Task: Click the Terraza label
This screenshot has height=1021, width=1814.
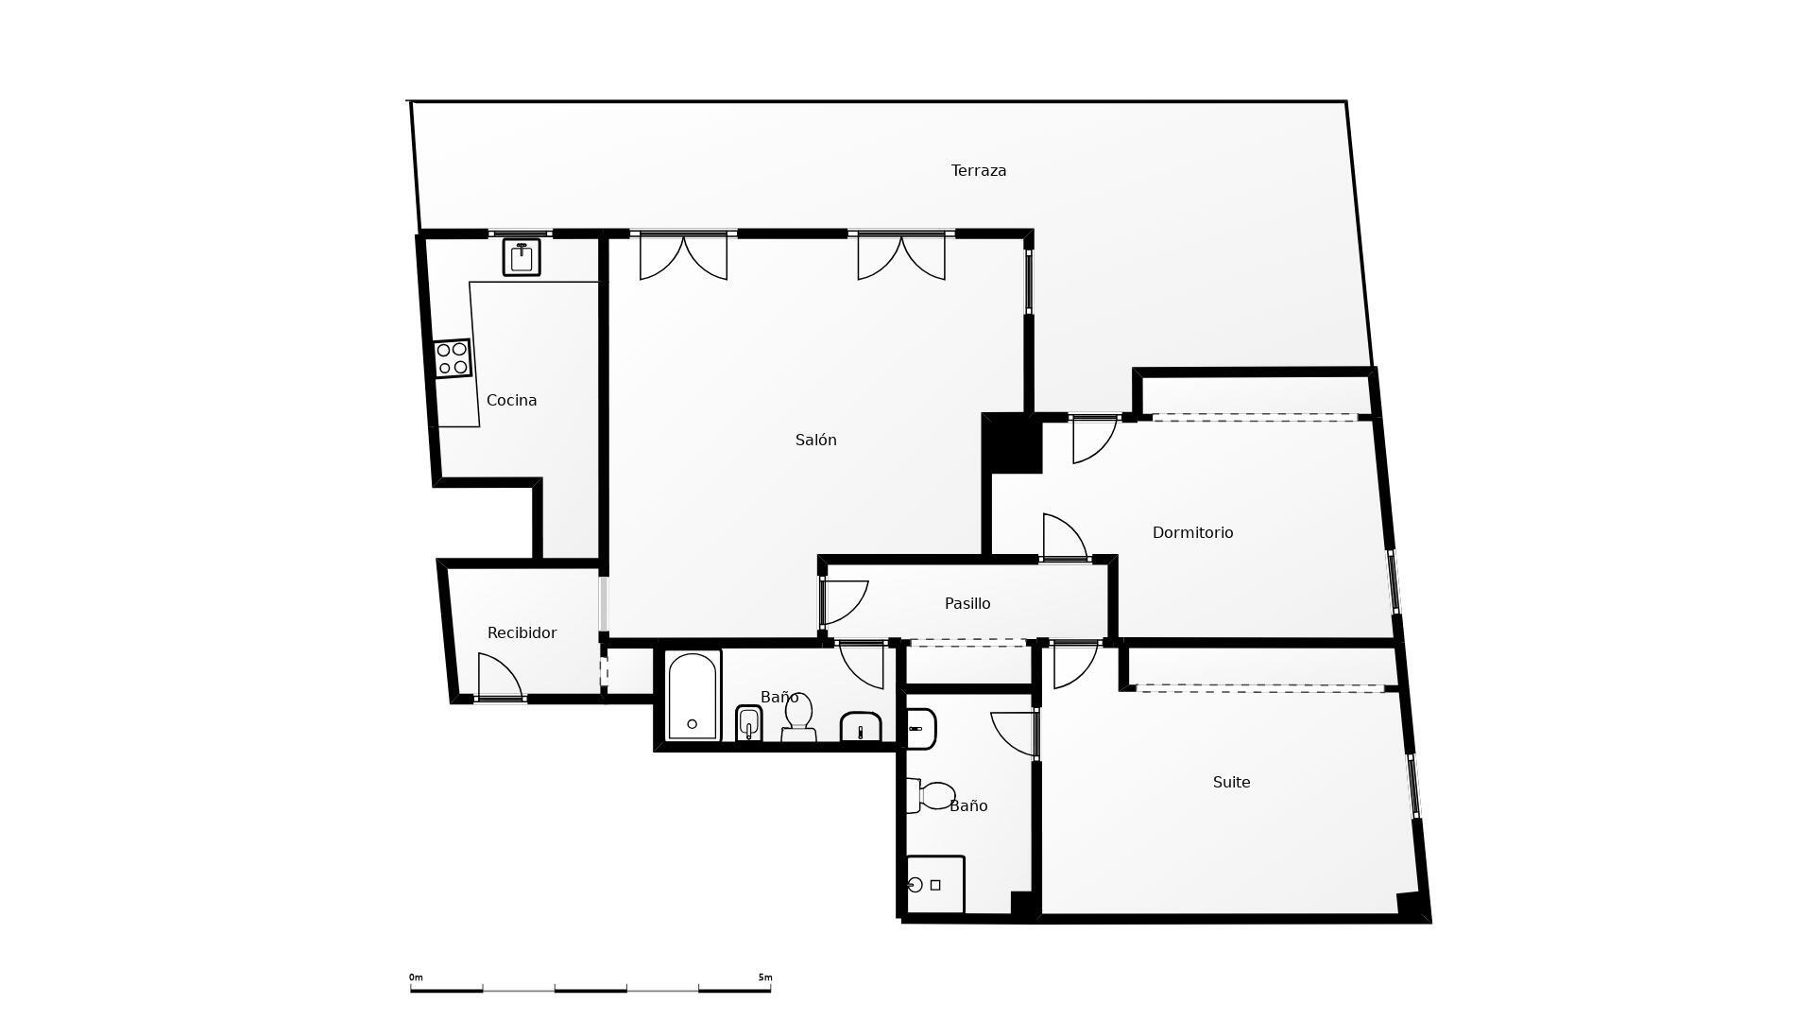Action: coord(979,171)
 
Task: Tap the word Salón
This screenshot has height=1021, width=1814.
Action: coord(816,440)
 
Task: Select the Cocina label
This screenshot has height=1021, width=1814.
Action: coord(512,401)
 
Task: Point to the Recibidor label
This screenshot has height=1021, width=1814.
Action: coord(522,633)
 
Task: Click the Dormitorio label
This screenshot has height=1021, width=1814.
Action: coord(1193,533)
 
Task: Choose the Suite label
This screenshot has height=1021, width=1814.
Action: coord(1232,783)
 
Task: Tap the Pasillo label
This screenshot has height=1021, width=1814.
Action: coord(968,604)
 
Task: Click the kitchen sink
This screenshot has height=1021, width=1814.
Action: coord(522,257)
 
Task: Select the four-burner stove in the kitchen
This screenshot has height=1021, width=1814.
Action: coord(453,358)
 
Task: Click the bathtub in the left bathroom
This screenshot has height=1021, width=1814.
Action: coord(693,696)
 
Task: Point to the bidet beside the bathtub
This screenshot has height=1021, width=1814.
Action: coord(749,724)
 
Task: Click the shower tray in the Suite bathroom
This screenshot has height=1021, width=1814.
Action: coord(935,885)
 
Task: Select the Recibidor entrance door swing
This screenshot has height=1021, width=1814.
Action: coord(500,677)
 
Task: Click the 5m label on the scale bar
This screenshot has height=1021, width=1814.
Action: coord(765,978)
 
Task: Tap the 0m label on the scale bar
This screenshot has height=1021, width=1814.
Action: coord(416,978)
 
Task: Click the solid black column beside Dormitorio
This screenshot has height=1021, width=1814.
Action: coord(1012,442)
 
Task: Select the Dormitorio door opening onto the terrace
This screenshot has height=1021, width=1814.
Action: coord(1094,441)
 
